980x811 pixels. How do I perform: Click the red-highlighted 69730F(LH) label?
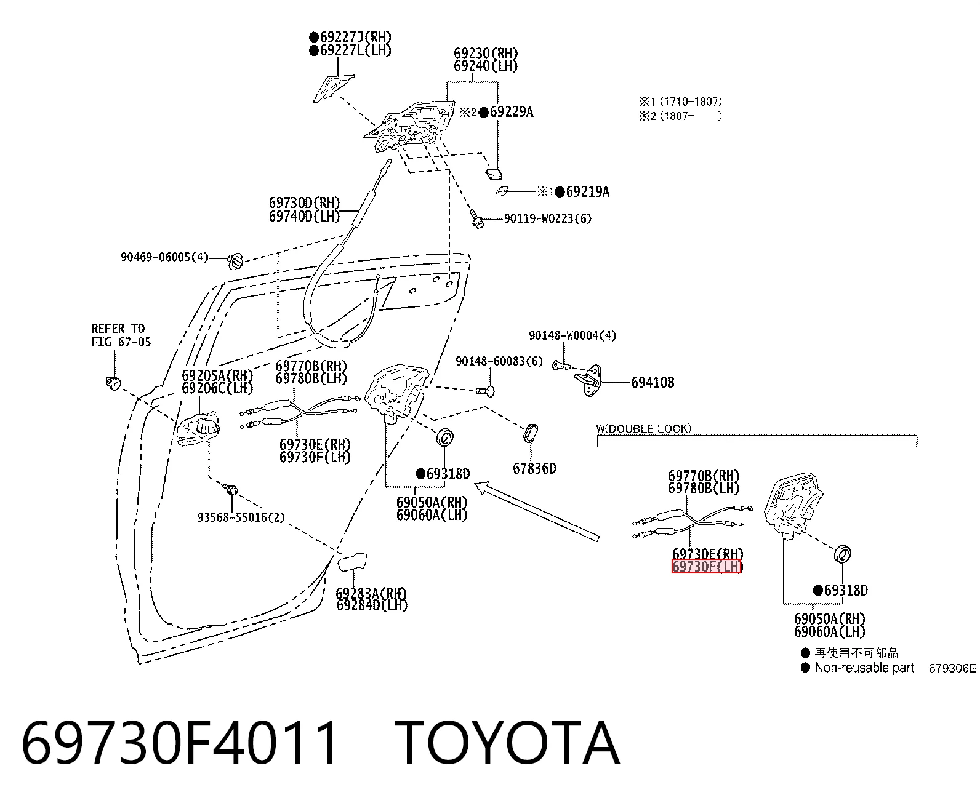pyautogui.click(x=707, y=567)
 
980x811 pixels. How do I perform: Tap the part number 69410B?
pyautogui.click(x=653, y=383)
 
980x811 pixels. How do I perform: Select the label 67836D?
pyautogui.click(x=534, y=468)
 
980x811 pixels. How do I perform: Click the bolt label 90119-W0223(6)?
pyautogui.click(x=548, y=218)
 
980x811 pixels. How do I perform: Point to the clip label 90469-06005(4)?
pyautogui.click(x=164, y=257)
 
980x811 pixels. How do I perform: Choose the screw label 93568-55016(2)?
pyautogui.click(x=241, y=517)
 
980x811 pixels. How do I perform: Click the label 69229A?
pyautogui.click(x=512, y=112)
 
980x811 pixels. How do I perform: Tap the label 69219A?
pyautogui.click(x=588, y=191)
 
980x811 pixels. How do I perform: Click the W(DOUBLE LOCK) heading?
pyautogui.click(x=643, y=428)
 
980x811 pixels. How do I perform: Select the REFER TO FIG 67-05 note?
pyautogui.click(x=121, y=335)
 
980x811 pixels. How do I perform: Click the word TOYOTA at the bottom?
pyautogui.click(x=507, y=744)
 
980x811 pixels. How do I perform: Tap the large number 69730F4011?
pyautogui.click(x=179, y=744)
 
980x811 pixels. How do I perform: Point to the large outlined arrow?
pyautogui.click(x=537, y=511)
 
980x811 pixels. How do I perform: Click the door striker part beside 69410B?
pyautogui.click(x=592, y=380)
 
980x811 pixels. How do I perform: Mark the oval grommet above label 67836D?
pyautogui.click(x=531, y=433)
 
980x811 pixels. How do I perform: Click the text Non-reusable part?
pyautogui.click(x=864, y=668)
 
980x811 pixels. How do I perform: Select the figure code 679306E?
pyautogui.click(x=952, y=668)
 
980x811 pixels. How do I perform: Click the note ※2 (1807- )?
pyautogui.click(x=680, y=116)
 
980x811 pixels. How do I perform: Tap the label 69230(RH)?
pyautogui.click(x=486, y=53)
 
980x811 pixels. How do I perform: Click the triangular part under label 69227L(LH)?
pyautogui.click(x=333, y=87)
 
